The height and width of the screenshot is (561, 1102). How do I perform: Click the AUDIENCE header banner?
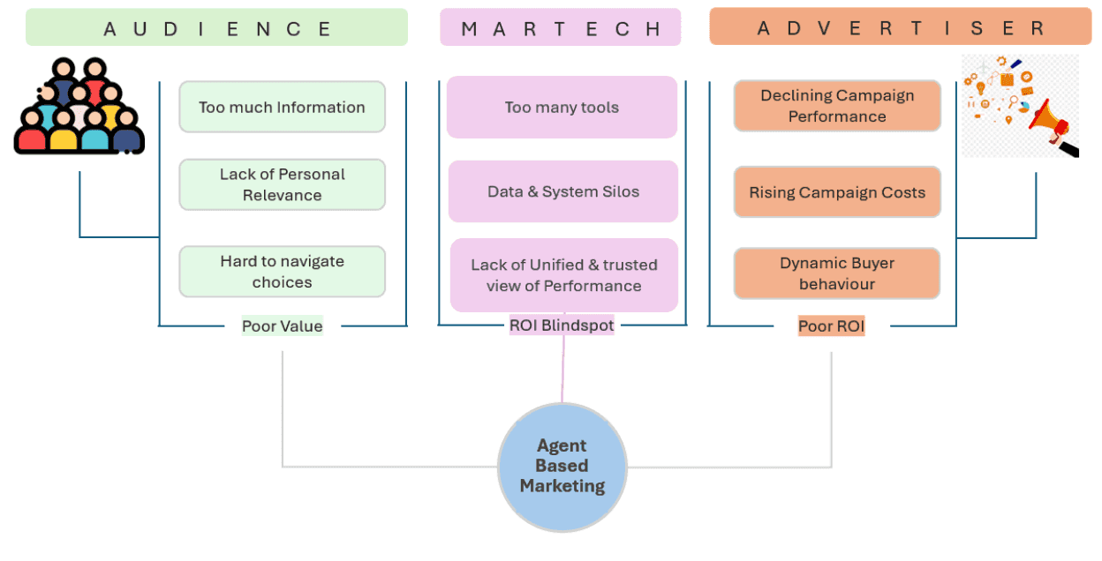[x=216, y=27]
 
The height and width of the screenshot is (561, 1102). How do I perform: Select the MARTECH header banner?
[x=561, y=27]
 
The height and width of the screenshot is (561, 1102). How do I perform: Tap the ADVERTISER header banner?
[x=901, y=27]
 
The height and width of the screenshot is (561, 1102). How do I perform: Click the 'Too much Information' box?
[x=282, y=108]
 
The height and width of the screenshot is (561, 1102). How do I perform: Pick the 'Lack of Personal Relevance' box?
[x=282, y=184]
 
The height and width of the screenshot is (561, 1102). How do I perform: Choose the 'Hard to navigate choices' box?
[x=282, y=272]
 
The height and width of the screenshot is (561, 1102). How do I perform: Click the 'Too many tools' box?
[x=562, y=108]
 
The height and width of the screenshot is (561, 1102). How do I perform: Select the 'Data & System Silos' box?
[x=562, y=191]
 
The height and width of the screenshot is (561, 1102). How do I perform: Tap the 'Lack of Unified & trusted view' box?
[x=563, y=275]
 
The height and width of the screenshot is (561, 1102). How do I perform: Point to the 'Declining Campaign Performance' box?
[x=836, y=106]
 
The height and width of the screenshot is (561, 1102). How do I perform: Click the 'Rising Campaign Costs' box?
[x=836, y=192]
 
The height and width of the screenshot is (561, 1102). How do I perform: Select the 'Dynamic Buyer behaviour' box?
[x=836, y=273]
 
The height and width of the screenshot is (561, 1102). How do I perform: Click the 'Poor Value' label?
[x=282, y=326]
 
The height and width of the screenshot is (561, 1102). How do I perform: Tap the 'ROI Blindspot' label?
[x=562, y=325]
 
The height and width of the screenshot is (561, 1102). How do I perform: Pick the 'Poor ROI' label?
[x=831, y=326]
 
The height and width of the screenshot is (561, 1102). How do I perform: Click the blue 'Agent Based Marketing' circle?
[x=562, y=467]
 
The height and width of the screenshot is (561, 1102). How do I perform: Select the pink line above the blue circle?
[x=562, y=370]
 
